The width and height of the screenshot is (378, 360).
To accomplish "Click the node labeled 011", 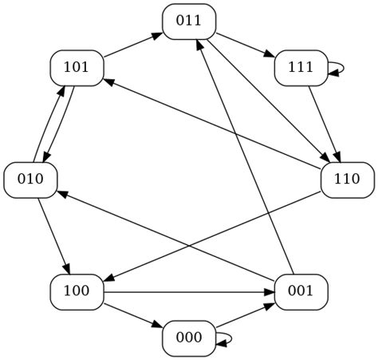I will coord(189,21).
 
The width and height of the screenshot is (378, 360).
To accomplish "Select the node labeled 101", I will coord(77,67).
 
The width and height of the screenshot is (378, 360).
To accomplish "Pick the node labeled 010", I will coord(30,179).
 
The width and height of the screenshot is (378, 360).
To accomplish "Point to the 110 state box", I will coord(347,179).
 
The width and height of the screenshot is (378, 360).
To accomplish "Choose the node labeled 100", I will coord(77,291).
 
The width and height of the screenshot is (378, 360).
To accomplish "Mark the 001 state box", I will coord(301,291).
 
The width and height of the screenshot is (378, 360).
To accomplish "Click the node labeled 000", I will coord(189,337).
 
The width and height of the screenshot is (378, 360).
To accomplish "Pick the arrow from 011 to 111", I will coord(245,44).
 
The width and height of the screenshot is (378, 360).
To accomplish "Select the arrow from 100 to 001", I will coord(188,291).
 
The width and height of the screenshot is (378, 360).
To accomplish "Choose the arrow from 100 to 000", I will coord(132,314).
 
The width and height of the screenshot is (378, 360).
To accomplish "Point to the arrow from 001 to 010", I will coord(166,235).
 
